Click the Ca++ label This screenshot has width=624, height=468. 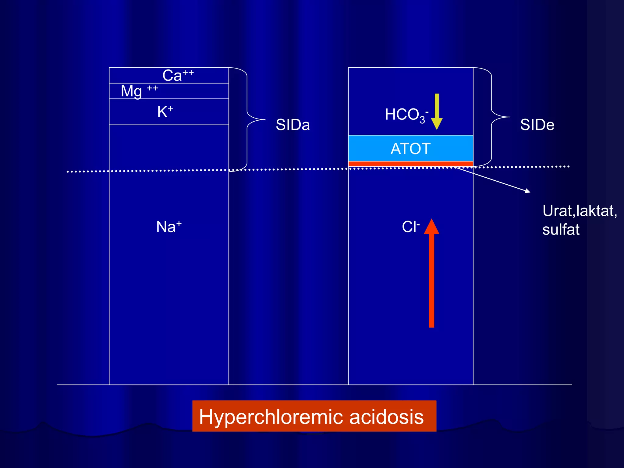178,75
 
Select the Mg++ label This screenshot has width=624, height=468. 139,91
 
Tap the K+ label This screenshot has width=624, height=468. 165,112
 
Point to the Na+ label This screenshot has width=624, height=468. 169,227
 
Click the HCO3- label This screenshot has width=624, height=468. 406,115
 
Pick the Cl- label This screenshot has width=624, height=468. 410,227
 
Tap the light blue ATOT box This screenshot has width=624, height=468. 410,148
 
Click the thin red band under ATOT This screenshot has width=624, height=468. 410,164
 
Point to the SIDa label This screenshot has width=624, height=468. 292,125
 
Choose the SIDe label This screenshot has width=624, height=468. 537,125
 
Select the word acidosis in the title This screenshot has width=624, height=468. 386,417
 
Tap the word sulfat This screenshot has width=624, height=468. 561,230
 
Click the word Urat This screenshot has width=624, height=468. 557,211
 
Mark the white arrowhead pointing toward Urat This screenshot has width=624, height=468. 528,191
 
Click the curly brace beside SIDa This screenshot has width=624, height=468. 247,119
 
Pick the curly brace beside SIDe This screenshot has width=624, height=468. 492,117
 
